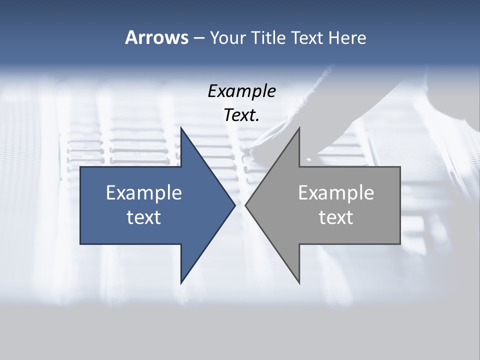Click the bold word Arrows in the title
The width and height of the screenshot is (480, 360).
[156, 37]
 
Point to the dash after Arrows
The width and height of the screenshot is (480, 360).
[198, 38]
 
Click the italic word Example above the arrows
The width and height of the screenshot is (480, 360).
[241, 91]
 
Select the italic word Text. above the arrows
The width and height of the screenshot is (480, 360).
[240, 115]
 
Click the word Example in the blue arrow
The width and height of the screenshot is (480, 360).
[144, 192]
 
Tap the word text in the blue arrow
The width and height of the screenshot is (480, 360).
[144, 217]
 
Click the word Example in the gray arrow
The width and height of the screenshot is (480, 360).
[336, 192]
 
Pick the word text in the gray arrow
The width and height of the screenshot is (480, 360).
[336, 217]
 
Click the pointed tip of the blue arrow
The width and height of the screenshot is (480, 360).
[234, 205]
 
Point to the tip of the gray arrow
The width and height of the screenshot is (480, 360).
[246, 205]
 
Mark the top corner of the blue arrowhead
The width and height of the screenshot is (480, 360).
[181, 128]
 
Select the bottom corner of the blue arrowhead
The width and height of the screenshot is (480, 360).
[181, 282]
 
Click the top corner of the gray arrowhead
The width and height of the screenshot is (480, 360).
[299, 128]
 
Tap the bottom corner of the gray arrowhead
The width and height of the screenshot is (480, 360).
[299, 282]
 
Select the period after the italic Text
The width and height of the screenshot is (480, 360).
[257, 120]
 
